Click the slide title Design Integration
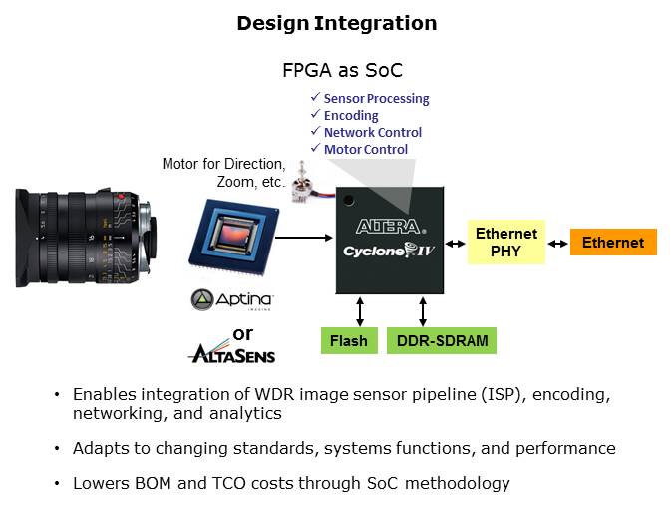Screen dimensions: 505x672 point(336,23)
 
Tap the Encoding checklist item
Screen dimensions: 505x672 point(350,116)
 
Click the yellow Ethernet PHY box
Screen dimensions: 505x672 point(506,241)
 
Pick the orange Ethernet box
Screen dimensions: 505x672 point(613,242)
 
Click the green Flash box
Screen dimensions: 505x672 point(348,341)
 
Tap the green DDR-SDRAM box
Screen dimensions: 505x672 point(441,341)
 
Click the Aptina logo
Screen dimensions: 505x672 point(231,299)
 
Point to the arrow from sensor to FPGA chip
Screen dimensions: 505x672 point(305,238)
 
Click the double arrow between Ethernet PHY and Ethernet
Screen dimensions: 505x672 point(558,242)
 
